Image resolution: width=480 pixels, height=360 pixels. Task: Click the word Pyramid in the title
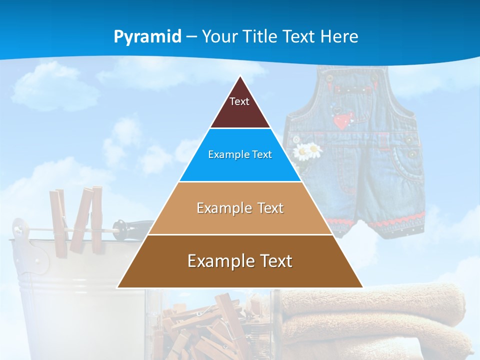(x=147, y=37)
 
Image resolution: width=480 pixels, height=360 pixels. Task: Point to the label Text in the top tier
(x=239, y=101)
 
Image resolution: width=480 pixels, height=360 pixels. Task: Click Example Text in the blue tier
(x=240, y=154)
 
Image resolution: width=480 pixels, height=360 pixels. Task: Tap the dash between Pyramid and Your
(x=191, y=37)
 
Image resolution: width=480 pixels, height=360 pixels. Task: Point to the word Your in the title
(x=219, y=36)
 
